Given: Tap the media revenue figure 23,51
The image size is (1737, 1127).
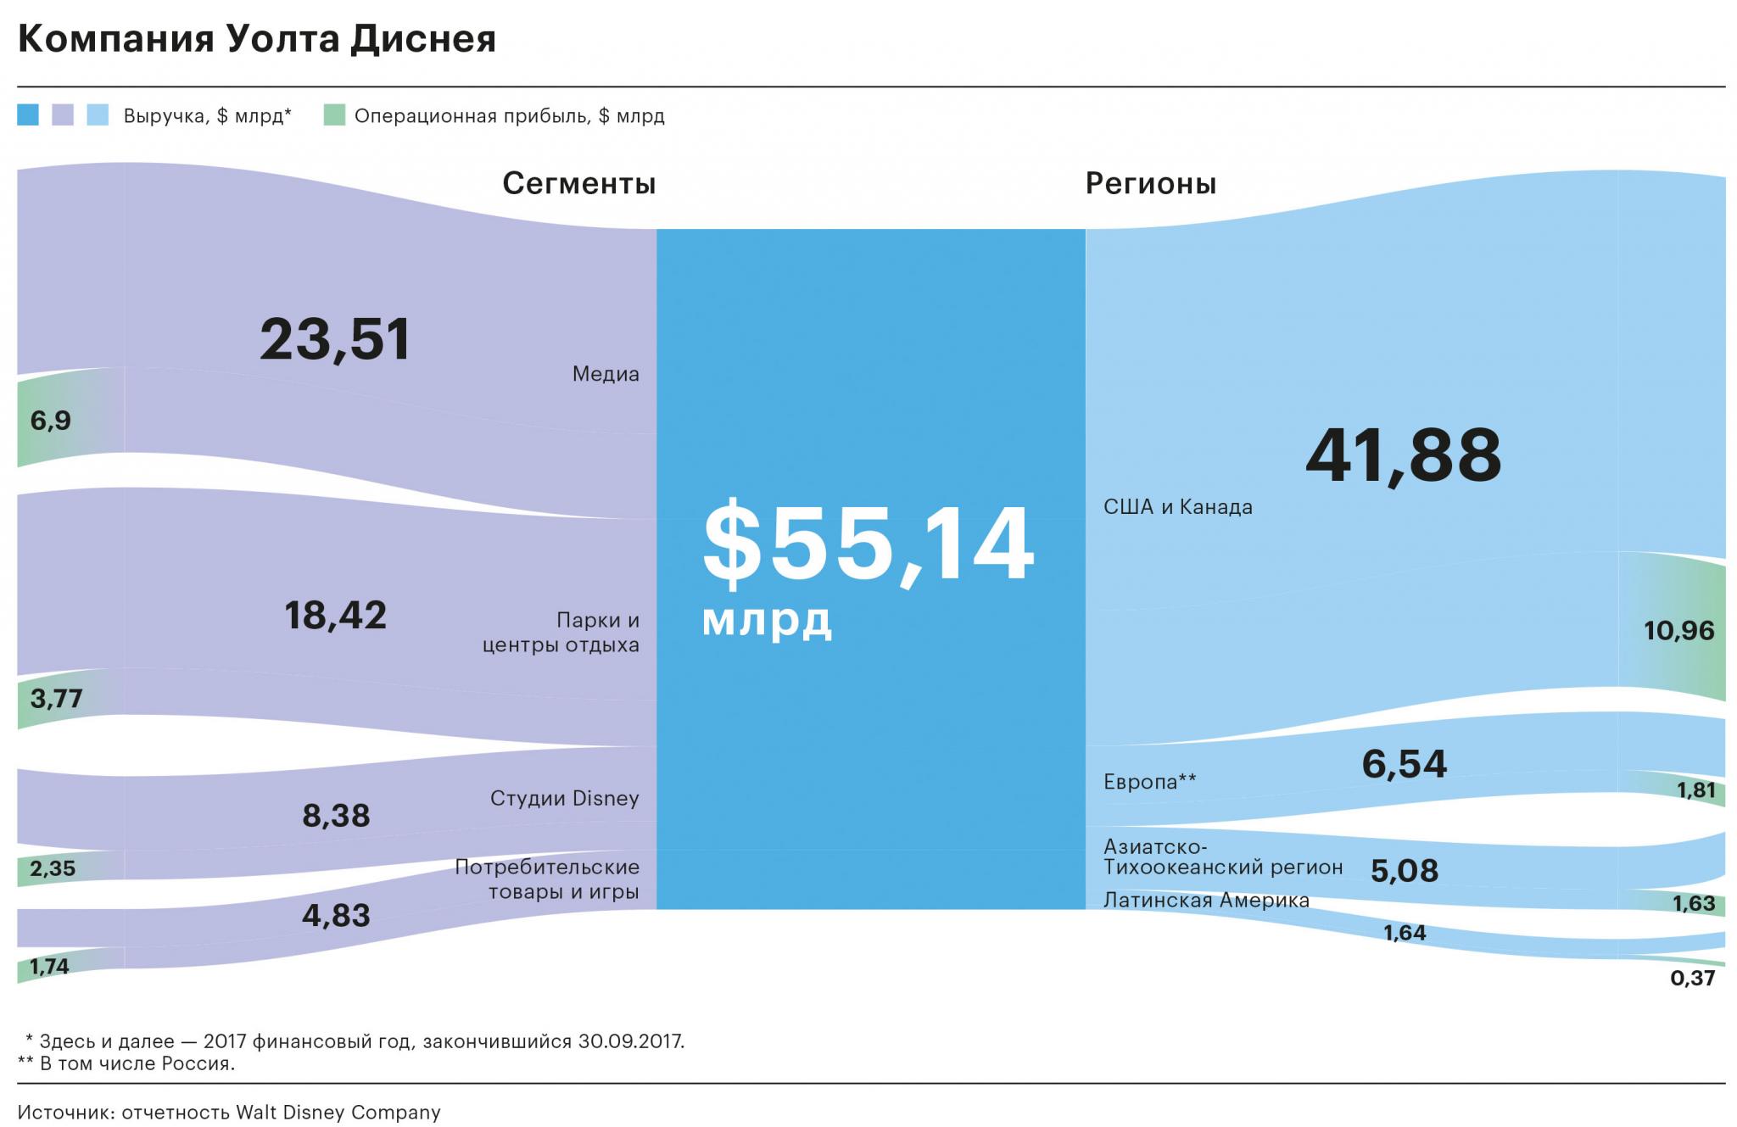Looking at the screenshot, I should coord(335,339).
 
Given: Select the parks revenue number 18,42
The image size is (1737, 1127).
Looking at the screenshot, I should coord(335,616).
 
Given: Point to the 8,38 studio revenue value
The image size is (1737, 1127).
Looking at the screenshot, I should coord(336,816).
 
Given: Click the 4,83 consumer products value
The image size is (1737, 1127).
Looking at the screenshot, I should coord(336,916).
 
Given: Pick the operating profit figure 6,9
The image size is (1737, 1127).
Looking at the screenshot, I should coord(51,421).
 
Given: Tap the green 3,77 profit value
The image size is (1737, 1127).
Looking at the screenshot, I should coord(56,699).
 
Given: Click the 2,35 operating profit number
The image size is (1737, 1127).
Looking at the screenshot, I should coord(53,868).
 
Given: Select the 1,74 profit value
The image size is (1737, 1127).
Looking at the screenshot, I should coord(49,966).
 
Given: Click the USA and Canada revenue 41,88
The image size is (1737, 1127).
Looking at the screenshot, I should coord(1404,456).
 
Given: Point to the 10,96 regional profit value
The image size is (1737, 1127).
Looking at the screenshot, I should coord(1678,631).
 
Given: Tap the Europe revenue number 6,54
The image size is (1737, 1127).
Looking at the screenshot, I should coord(1404,764).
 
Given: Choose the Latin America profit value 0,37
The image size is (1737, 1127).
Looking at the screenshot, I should coord(1692,979).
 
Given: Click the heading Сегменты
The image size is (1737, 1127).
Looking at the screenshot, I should coord(578,183).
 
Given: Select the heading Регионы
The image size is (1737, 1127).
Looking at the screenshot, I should coord(1151,183).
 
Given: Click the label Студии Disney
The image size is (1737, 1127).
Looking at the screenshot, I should coord(564,799).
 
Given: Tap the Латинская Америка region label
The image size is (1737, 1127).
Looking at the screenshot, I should coord(1206,900).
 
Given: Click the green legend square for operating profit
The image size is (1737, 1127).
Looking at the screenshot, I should coord(334,115).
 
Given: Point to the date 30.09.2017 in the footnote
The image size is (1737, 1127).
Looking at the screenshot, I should coord(630,1041).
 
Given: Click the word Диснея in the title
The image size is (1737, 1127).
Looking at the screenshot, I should coord(422,40).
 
